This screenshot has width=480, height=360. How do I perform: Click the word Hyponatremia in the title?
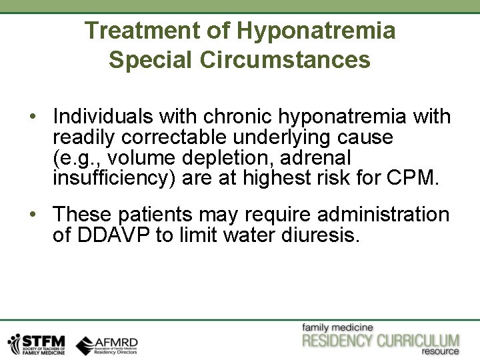(x=317, y=31)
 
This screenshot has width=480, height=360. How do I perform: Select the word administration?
(x=383, y=215)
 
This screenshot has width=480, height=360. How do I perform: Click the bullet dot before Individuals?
(x=33, y=117)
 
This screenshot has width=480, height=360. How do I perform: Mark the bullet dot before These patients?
(x=33, y=215)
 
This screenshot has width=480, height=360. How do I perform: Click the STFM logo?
(x=36, y=343)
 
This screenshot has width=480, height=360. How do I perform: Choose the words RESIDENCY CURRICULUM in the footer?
(x=381, y=341)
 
